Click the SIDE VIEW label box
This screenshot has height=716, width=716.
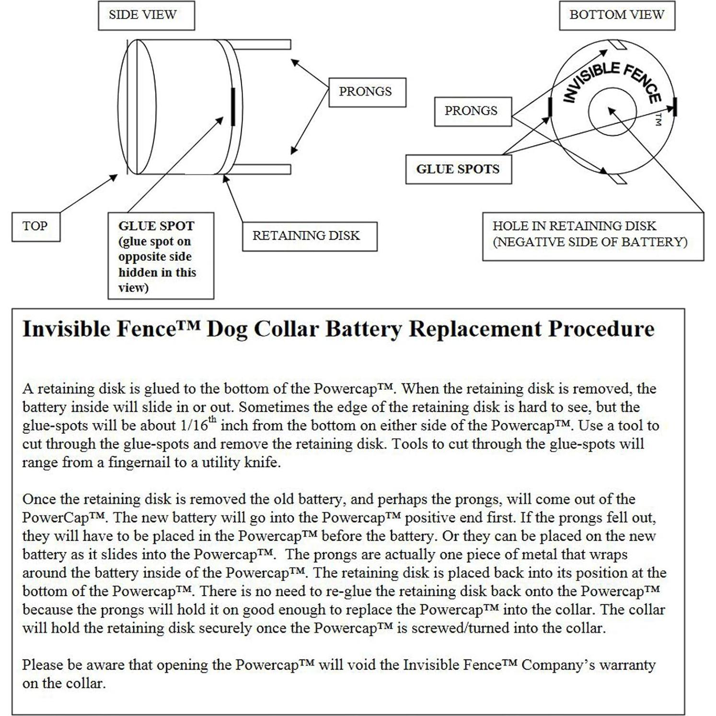(x=146, y=15)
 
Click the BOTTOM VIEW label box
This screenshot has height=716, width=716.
(x=617, y=15)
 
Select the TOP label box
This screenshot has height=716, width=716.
(x=35, y=226)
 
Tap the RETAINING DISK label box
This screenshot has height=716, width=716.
(x=309, y=236)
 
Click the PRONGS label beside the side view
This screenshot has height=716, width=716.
(x=367, y=92)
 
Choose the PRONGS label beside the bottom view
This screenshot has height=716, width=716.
(x=473, y=111)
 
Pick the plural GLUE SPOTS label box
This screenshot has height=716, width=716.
(x=458, y=169)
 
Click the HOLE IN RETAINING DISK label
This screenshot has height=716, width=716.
(x=592, y=235)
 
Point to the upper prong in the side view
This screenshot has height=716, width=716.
(x=262, y=45)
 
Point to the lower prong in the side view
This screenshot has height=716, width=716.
(x=262, y=169)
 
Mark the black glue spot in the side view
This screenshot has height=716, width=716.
(x=233, y=106)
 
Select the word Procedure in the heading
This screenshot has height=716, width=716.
(x=601, y=329)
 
